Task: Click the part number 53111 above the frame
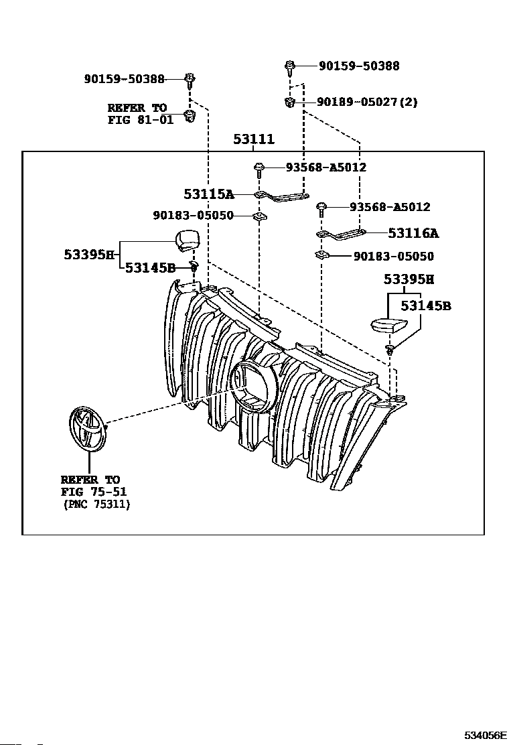(254, 139)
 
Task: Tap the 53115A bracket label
(209, 194)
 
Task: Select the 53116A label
(413, 233)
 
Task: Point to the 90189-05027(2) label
(367, 102)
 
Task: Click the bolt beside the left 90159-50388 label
(190, 81)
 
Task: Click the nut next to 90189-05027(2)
(289, 102)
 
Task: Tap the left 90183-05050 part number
(194, 216)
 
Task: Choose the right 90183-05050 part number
(394, 257)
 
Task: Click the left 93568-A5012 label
(326, 167)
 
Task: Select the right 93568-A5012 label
(390, 207)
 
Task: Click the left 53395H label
(89, 255)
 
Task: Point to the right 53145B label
(426, 306)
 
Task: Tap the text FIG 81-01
(141, 120)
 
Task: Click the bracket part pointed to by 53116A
(341, 234)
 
